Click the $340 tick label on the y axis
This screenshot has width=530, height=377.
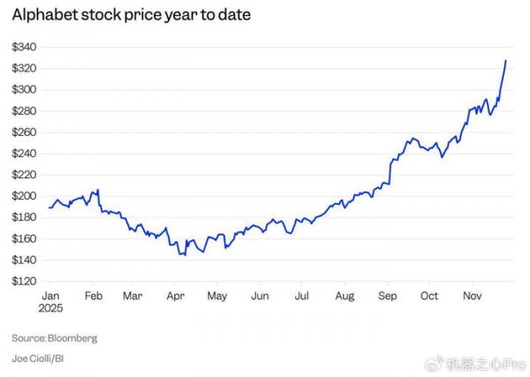pos(24,47)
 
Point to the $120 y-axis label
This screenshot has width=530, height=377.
pos(24,282)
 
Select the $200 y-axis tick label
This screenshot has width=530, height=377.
pos(24,196)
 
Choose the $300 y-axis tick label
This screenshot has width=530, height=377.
pos(24,89)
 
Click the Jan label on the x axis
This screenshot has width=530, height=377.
pos(51,295)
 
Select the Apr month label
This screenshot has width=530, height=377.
pos(176,295)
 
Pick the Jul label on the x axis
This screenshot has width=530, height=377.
pos(301,295)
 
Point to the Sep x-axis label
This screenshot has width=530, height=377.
pos(386,295)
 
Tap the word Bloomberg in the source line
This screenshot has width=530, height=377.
pos(72,338)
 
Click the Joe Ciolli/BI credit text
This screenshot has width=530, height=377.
pos(41,358)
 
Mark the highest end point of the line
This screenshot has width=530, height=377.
pos(505,60)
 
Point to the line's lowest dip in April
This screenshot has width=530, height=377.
pos(182,254)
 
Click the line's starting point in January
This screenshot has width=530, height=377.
pos(49,207)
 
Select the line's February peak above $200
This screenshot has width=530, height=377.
pos(97,189)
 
